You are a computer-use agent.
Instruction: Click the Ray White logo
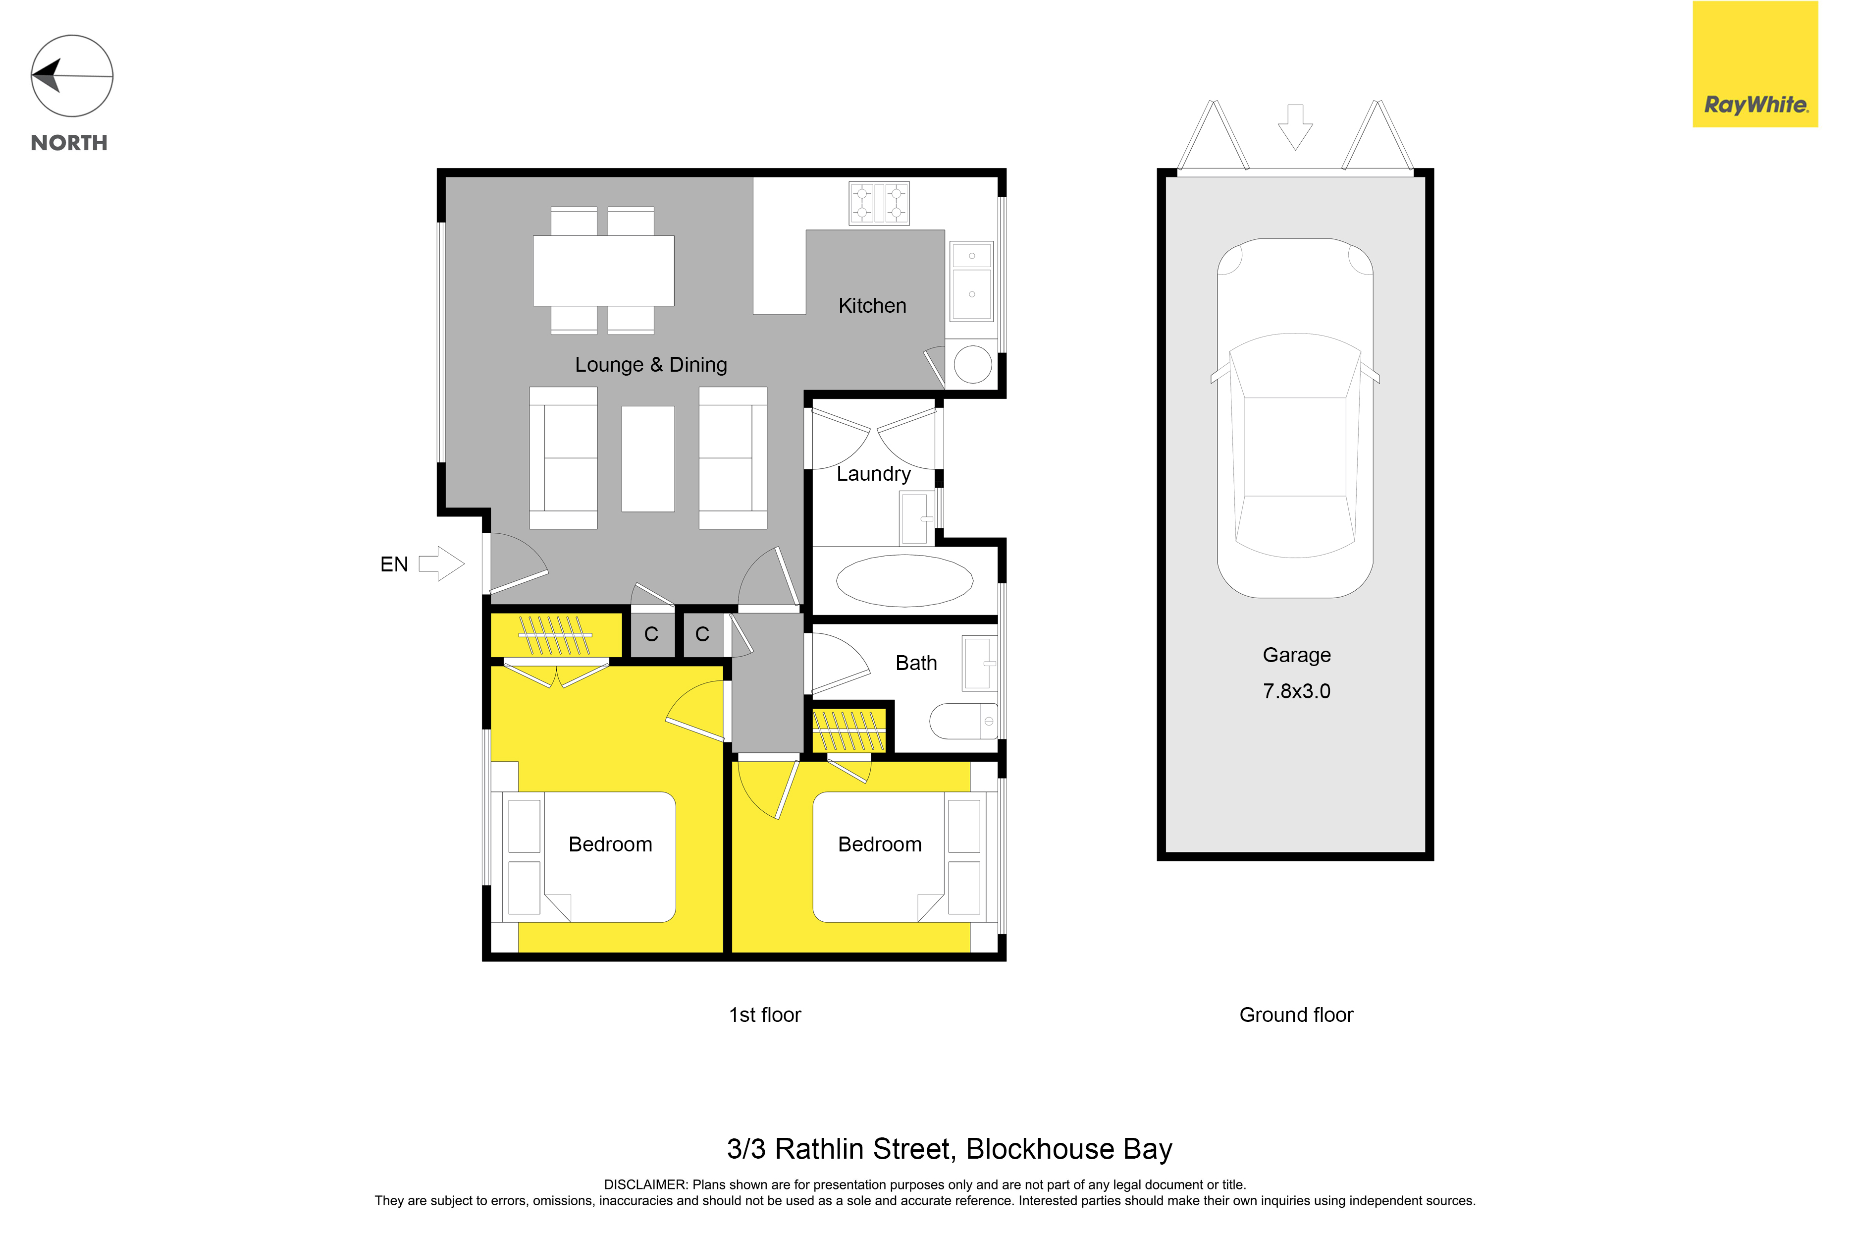click(1755, 64)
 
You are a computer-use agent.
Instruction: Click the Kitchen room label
click(872, 306)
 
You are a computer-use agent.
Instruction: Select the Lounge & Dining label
click(651, 365)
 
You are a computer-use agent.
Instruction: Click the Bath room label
click(916, 663)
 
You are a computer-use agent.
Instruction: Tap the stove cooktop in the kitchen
click(879, 203)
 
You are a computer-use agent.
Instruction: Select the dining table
click(603, 271)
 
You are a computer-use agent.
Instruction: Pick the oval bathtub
click(904, 581)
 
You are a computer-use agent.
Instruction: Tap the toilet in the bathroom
click(963, 721)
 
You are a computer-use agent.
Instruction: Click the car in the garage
click(1295, 418)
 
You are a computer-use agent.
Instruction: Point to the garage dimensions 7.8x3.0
click(1297, 691)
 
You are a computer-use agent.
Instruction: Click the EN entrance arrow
click(441, 563)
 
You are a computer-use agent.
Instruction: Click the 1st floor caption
click(764, 1015)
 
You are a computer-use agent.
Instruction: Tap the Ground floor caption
click(1296, 1015)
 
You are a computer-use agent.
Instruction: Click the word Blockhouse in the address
click(1040, 1149)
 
